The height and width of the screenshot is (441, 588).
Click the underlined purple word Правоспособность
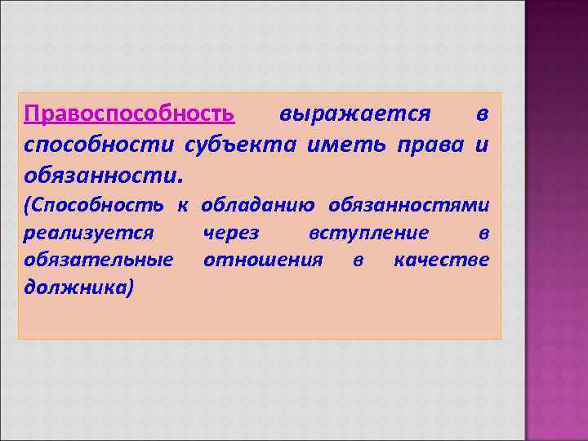(130, 113)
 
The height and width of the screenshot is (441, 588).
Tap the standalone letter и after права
(482, 145)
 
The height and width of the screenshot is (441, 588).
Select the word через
(231, 234)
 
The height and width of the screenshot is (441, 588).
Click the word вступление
(368, 234)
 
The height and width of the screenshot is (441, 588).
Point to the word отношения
(263, 260)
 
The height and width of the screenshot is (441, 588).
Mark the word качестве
(441, 260)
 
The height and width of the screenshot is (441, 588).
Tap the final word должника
(79, 287)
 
